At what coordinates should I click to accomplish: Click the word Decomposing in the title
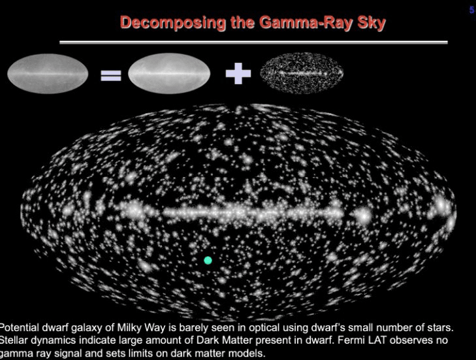(173, 23)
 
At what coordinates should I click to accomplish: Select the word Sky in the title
(372, 23)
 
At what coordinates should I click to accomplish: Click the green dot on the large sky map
(208, 260)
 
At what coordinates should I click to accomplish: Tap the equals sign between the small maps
(111, 76)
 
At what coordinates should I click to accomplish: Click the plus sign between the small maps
(238, 74)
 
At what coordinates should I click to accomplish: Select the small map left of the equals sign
(48, 74)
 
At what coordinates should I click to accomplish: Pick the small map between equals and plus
(169, 74)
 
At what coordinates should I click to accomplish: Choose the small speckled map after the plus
(302, 73)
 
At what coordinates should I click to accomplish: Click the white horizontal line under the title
(253, 42)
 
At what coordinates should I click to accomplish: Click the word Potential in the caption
(20, 328)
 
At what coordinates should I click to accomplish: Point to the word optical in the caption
(264, 329)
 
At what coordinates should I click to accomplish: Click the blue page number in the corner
(472, 10)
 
